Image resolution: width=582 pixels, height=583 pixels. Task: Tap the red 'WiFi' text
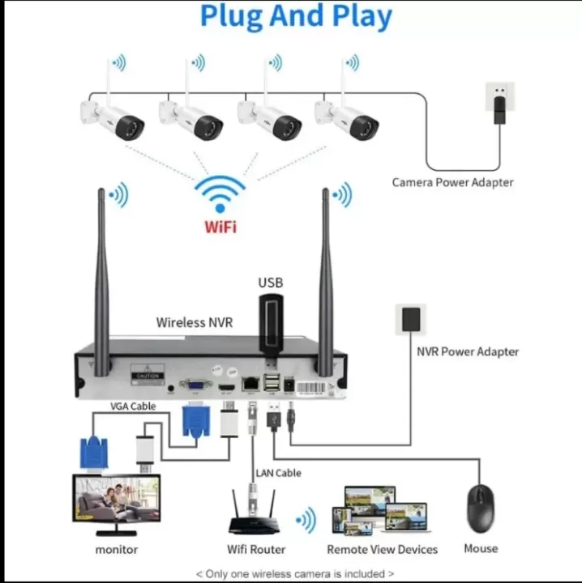(220, 226)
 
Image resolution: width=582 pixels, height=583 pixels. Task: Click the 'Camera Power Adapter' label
(452, 182)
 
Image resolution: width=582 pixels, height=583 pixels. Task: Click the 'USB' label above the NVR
(271, 283)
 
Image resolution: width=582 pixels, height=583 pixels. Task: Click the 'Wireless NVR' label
(195, 322)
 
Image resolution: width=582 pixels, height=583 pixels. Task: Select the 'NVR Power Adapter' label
(468, 351)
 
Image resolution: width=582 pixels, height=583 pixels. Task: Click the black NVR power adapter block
(411, 319)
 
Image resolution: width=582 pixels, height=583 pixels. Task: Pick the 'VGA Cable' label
(134, 406)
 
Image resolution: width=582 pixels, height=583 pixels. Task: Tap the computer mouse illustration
(480, 508)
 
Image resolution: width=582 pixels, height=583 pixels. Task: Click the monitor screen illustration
(117, 500)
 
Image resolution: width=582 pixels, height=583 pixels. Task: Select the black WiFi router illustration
(256, 518)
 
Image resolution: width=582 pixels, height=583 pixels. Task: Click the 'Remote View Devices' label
(383, 549)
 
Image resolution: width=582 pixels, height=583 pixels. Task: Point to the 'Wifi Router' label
(256, 549)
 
